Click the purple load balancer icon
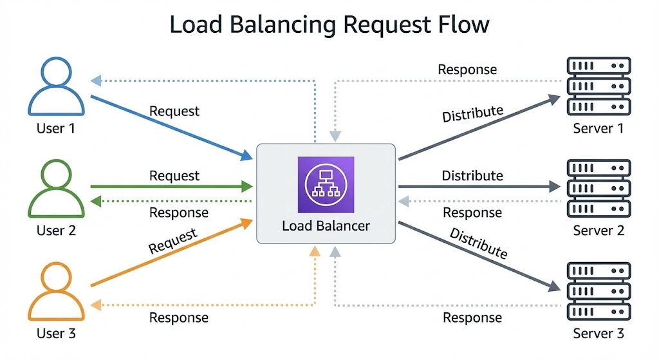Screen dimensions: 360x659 [326, 184]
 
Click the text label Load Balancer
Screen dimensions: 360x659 [326, 226]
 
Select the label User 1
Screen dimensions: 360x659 [55, 128]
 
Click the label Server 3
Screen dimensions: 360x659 [599, 334]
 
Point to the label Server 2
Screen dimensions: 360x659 [599, 230]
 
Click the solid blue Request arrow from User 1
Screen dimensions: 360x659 [171, 128]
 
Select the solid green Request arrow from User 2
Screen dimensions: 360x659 [171, 187]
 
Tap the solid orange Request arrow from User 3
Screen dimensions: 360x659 [171, 254]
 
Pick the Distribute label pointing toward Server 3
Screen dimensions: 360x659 [478, 243]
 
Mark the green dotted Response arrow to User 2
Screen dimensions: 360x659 [171, 201]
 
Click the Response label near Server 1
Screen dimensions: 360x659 [467, 69]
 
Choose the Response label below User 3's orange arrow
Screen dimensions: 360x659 [178, 317]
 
